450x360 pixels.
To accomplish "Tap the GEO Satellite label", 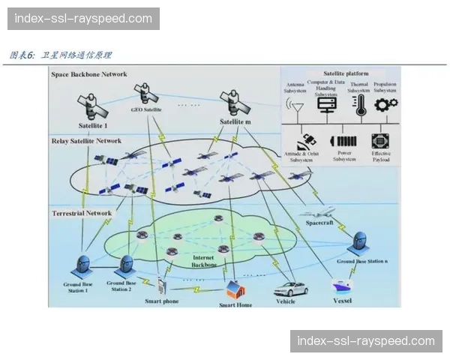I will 147,109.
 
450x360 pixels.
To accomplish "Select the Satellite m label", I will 235,121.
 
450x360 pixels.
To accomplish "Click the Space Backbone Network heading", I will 89,75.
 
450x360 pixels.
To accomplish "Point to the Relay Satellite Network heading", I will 86,140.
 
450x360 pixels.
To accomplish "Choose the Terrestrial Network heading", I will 82,213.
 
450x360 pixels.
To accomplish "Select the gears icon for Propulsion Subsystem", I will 385,103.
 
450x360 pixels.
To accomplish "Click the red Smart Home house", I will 235,289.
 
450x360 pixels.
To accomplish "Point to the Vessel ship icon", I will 343,286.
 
